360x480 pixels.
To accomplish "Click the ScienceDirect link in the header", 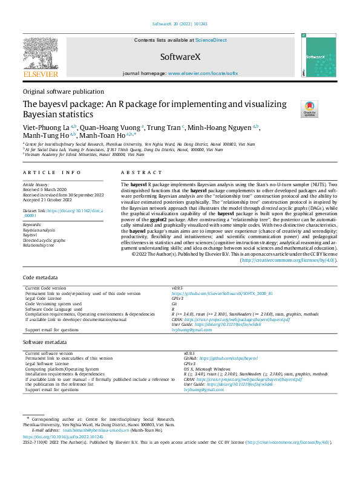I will (211, 41).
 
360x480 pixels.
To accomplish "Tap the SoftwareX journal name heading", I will (180, 56).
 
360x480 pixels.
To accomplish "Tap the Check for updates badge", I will (309, 109).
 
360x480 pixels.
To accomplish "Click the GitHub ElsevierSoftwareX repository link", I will (222, 293).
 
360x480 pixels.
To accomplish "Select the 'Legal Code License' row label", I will (44, 298).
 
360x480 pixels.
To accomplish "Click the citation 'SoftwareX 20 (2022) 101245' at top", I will (180, 25).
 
